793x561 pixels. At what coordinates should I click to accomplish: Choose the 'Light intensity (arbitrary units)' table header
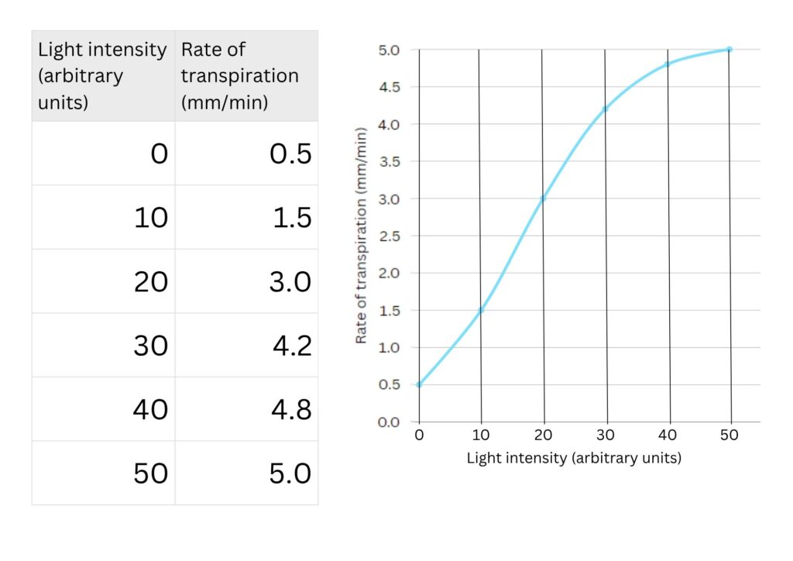[103, 76]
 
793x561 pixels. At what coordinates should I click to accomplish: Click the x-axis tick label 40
[668, 435]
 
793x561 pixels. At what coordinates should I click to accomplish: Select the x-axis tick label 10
[481, 435]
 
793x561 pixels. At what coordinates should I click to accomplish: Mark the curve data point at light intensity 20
[543, 198]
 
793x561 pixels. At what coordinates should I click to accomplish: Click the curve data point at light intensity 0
[419, 384]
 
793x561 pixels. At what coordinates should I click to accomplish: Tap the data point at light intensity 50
[729, 50]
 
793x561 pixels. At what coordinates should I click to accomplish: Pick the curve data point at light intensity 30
[605, 109]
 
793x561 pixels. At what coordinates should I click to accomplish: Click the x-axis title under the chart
[574, 458]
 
